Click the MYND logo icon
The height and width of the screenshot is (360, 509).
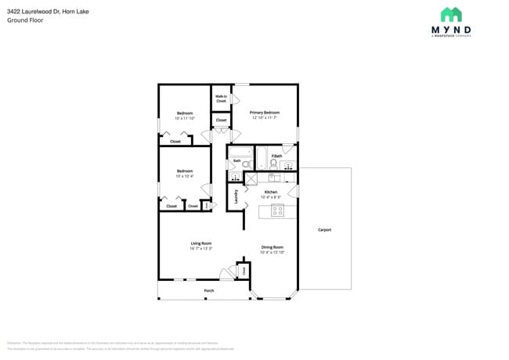point(451,14)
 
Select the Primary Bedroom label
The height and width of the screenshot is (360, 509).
point(265,113)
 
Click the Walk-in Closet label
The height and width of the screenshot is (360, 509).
point(221,99)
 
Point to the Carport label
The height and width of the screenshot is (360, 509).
point(324,229)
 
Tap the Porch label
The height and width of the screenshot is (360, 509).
point(209,290)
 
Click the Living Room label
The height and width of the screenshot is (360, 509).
point(201,243)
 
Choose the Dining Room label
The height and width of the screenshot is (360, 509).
point(272,247)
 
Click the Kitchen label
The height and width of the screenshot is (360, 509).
point(270,192)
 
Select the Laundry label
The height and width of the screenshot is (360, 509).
point(236,196)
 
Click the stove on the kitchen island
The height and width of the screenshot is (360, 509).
point(283,211)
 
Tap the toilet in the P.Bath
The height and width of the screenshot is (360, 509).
point(274,164)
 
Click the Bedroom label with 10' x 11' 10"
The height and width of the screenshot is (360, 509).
point(185,113)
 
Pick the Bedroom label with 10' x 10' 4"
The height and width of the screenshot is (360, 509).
point(185,171)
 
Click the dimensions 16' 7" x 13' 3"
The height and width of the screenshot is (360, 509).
point(201,248)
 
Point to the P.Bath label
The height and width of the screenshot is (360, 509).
point(276,156)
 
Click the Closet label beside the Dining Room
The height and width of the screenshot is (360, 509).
point(244,271)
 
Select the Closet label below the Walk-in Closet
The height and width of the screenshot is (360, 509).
point(221,120)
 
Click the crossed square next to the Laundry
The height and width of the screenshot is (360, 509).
point(251,178)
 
